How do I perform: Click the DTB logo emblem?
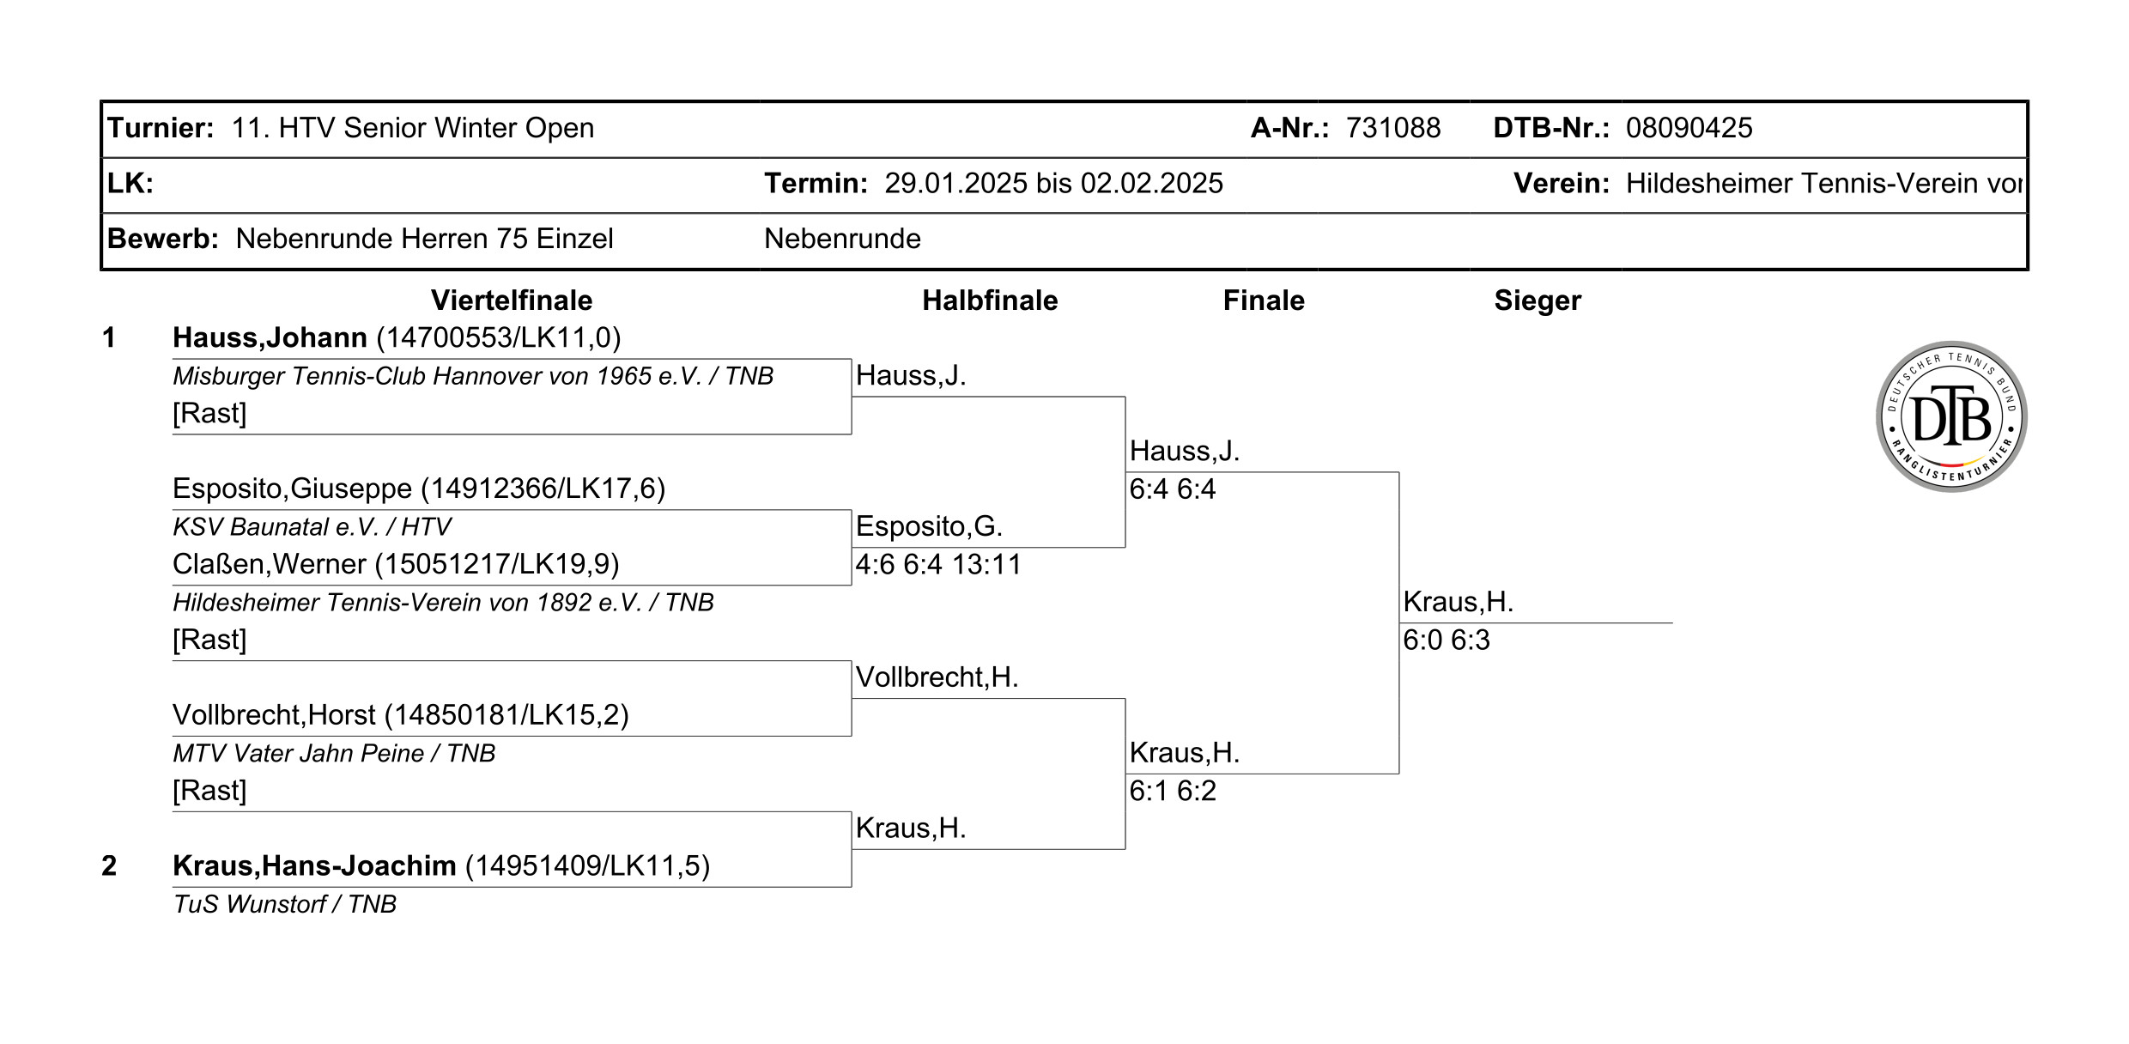[x=1950, y=416]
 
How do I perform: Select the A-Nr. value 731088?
[x=1392, y=128]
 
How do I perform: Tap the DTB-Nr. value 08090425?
[x=1689, y=128]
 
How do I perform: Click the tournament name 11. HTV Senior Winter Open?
[x=412, y=128]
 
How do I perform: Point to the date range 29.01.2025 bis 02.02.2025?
[x=1053, y=183]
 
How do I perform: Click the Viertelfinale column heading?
[x=512, y=300]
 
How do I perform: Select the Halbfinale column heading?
[x=990, y=300]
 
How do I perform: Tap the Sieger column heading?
[x=1537, y=300]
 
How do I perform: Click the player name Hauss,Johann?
[x=270, y=337]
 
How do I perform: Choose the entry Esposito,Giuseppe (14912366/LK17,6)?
[x=419, y=489]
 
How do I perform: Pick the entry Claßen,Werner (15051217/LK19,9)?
[x=396, y=564]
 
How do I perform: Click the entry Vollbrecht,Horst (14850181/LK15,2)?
[x=400, y=715]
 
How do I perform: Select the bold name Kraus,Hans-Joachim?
[x=314, y=865]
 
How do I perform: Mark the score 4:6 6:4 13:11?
[x=937, y=565]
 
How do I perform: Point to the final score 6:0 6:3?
[x=1446, y=640]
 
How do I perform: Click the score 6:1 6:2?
[x=1172, y=791]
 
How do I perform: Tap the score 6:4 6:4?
[x=1172, y=489]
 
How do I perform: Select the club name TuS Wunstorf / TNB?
[x=284, y=904]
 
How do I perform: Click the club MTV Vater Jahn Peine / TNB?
[x=334, y=753]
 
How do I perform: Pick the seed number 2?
[x=109, y=865]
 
